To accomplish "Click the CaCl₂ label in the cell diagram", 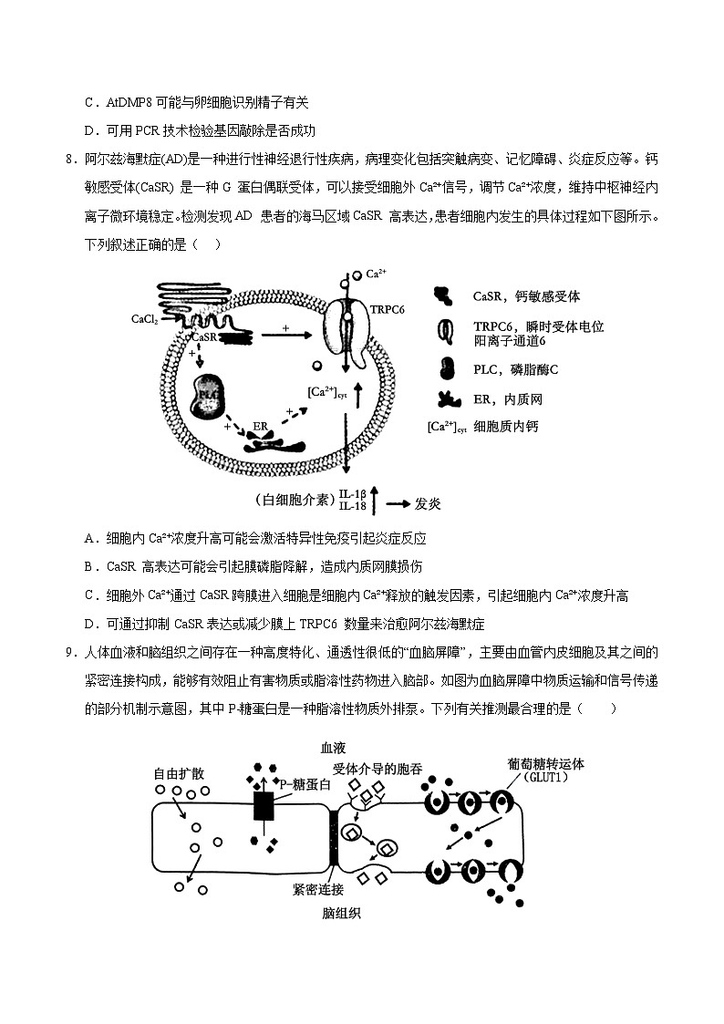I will pos(146,320).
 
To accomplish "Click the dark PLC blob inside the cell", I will pos(209,395).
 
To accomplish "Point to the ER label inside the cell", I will pos(261,426).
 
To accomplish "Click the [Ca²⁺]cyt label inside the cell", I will pos(324,393).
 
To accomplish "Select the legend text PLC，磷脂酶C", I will pos(515,369).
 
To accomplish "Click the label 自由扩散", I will pos(179,772).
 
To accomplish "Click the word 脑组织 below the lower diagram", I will pos(341,913).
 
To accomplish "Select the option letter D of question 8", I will pos(91,625).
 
